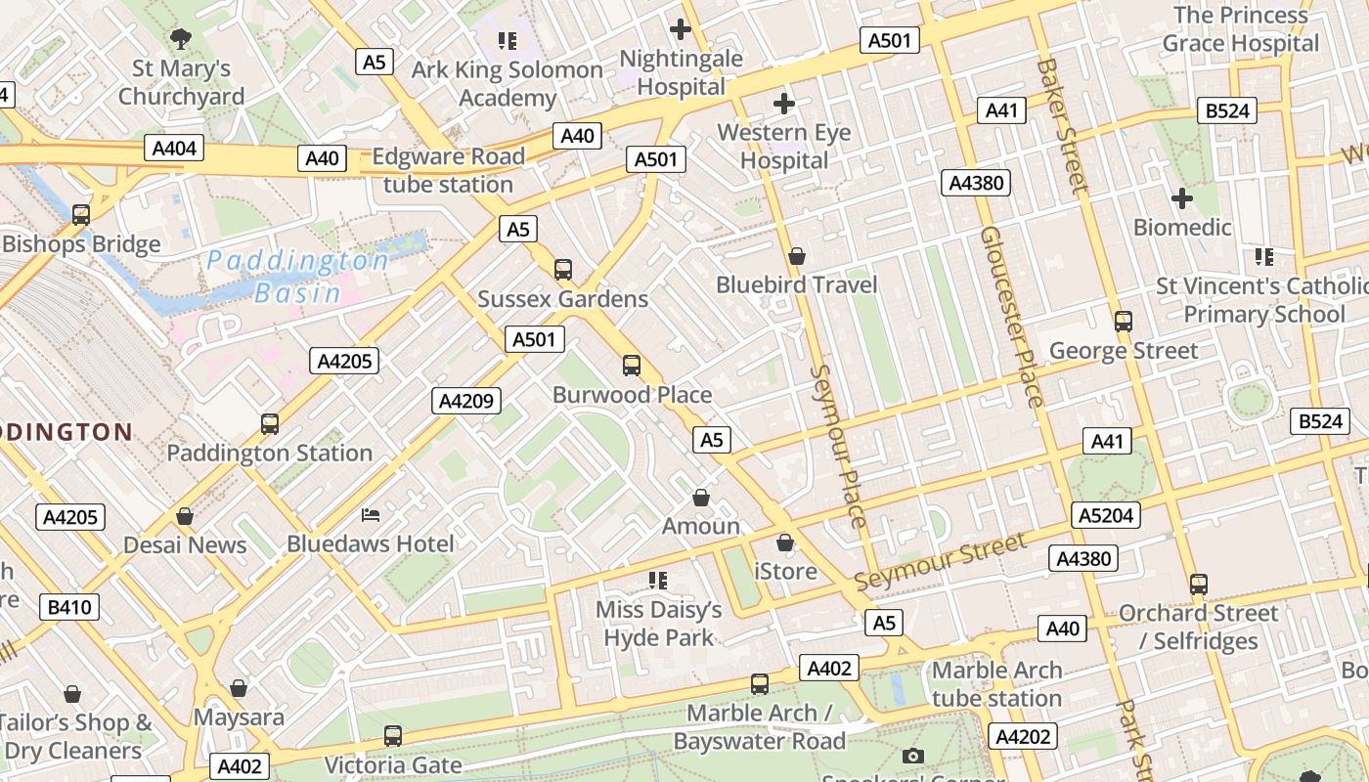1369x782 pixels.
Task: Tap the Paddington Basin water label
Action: point(298,277)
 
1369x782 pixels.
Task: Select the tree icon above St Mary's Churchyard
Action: point(180,39)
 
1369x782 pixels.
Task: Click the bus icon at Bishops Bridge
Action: point(81,214)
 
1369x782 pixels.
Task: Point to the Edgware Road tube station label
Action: point(448,170)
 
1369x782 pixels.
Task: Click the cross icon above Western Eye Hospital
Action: point(783,103)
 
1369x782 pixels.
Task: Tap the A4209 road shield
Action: point(466,400)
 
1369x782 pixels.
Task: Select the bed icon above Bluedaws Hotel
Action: point(371,514)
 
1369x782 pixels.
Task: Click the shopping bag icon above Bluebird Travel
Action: point(797,256)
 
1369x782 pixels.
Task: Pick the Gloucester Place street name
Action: point(1012,316)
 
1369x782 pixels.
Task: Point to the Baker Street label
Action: point(1062,125)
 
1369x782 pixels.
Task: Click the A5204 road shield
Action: point(1106,515)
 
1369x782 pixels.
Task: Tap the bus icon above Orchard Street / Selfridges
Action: point(1199,585)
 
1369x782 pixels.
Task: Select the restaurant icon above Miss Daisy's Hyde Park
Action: point(658,581)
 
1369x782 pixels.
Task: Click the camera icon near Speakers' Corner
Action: point(913,756)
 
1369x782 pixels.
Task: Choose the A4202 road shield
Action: point(1023,736)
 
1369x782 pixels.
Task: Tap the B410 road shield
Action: point(69,607)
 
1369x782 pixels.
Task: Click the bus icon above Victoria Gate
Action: point(393,735)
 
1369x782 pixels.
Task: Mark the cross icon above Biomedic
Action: point(1181,198)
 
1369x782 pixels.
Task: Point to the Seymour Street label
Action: point(940,561)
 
